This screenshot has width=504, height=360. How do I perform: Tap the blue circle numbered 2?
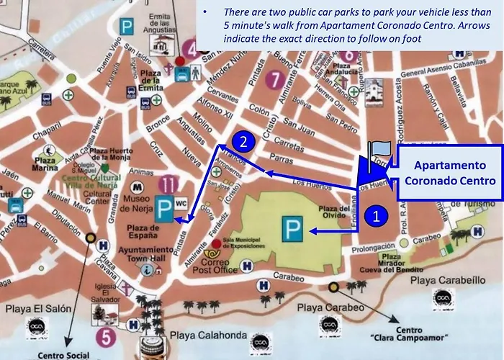[x=244, y=141]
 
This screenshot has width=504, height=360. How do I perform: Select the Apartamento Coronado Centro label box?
[x=449, y=173]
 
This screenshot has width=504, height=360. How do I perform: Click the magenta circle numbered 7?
[x=273, y=78]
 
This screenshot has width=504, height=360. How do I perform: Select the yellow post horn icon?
[x=214, y=253]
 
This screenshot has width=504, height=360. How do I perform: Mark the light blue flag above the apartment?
[x=381, y=148]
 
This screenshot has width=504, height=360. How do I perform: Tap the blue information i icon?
[x=148, y=269]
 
